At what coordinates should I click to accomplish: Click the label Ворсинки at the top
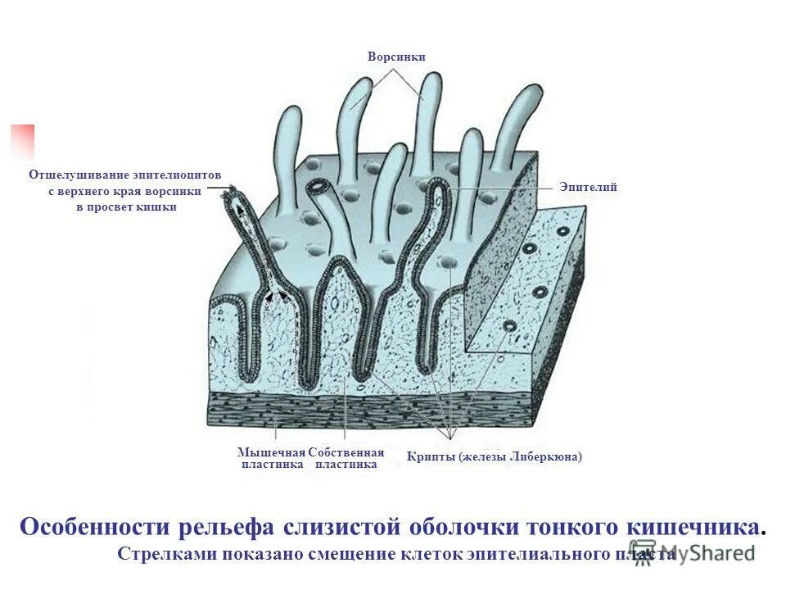(x=396, y=57)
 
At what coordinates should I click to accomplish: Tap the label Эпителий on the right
(x=588, y=188)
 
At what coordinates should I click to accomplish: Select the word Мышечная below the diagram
(x=271, y=452)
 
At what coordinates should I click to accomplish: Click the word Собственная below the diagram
(x=346, y=452)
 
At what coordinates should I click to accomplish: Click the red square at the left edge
(x=22, y=140)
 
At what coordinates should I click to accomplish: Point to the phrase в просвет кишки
(x=126, y=207)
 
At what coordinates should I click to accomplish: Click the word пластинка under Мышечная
(x=272, y=464)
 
